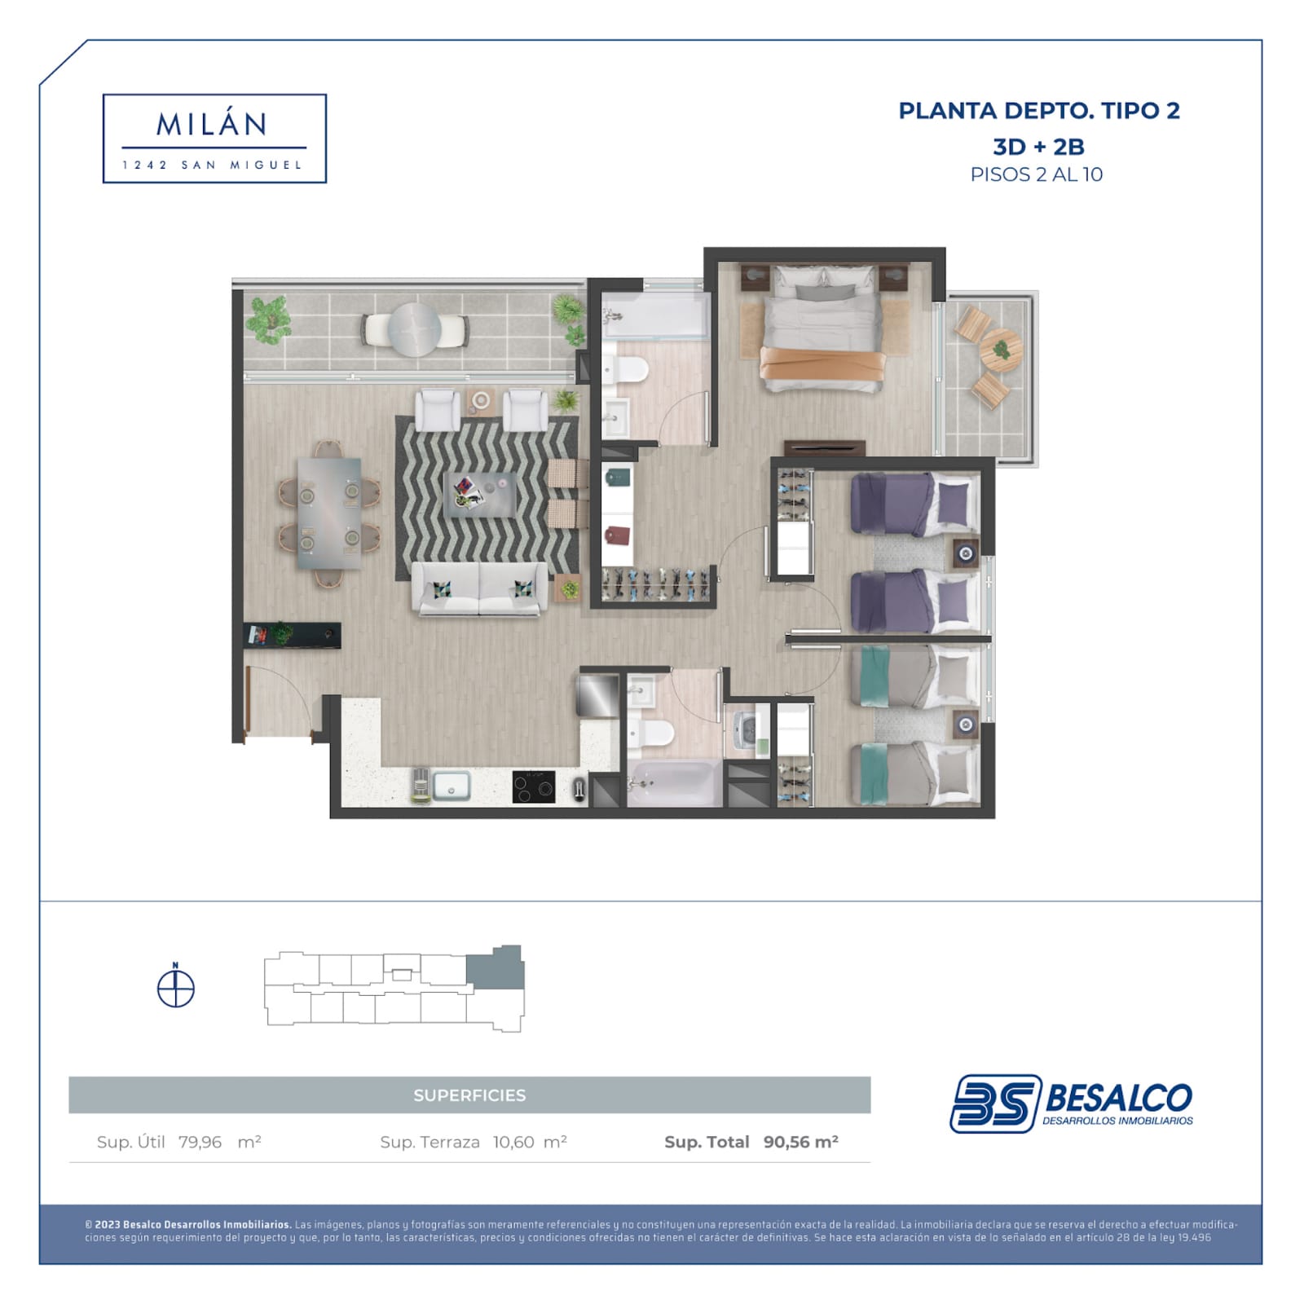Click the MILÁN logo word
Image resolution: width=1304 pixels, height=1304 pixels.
point(211,124)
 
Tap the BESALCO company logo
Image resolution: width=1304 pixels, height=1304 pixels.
point(1071,1103)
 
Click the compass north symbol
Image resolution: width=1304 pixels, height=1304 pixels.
point(175,987)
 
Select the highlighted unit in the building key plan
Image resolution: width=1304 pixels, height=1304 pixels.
point(495,968)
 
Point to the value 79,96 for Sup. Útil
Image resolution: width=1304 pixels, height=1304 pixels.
point(200,1142)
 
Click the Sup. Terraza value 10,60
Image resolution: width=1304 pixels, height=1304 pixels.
point(513,1142)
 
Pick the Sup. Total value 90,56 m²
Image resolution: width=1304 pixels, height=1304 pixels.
point(800,1142)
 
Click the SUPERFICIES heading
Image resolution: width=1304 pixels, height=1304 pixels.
point(469,1095)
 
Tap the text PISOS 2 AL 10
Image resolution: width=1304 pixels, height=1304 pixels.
point(1036,174)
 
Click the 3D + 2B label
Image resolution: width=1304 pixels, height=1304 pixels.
point(1038,147)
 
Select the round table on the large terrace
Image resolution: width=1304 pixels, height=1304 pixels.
point(414,329)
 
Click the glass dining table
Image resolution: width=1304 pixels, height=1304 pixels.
point(329,513)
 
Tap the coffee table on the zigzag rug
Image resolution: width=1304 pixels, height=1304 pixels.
point(480,495)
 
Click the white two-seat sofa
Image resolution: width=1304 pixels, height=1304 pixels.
point(479,588)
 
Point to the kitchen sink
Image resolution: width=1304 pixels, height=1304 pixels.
point(451,786)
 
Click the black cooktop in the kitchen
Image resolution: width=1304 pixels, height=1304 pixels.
point(534,786)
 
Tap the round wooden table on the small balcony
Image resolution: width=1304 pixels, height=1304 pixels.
point(1001,350)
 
